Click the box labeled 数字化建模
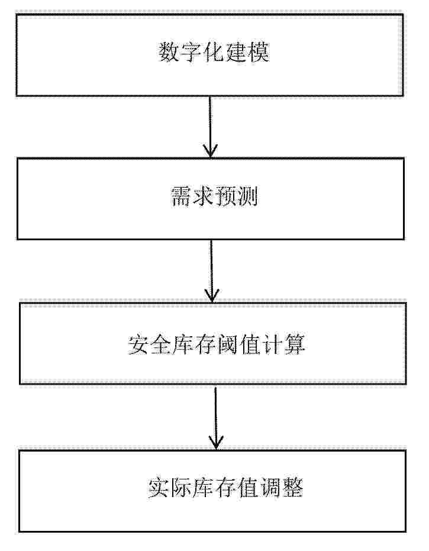tap(209, 55)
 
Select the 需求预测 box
tap(211, 199)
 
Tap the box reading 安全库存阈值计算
tap(212, 343)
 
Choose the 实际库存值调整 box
tap(212, 491)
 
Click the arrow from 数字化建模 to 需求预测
tap(210, 127)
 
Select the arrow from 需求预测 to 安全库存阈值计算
tap(211, 271)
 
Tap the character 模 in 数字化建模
tap(259, 53)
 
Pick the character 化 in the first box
tap(214, 53)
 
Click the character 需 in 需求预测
tap(182, 196)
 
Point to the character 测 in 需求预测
tap(247, 196)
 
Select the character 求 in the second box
tap(204, 196)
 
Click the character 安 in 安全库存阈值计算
tap(138, 344)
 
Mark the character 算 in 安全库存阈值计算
tap(295, 344)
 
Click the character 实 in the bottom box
tap(159, 488)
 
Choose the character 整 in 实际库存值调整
tap(292, 488)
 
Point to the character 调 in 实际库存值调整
tap(270, 488)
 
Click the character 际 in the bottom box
tap(181, 488)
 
